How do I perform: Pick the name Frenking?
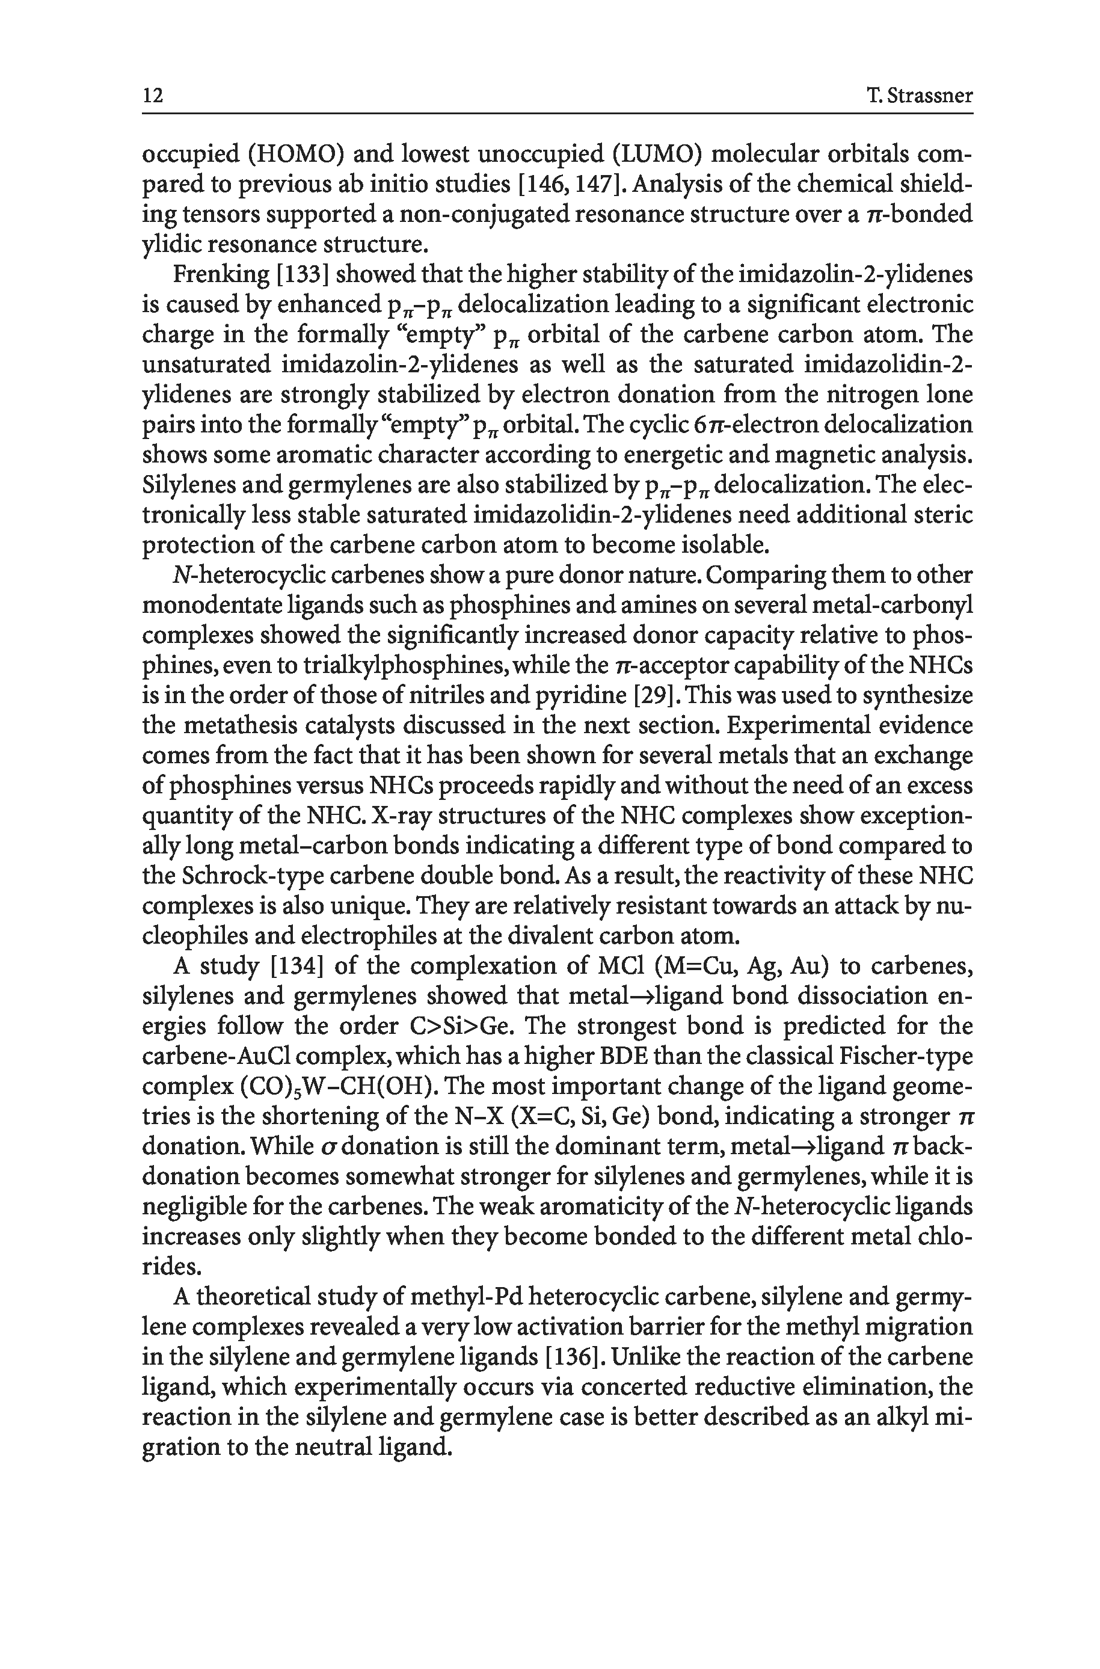pos(216,274)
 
